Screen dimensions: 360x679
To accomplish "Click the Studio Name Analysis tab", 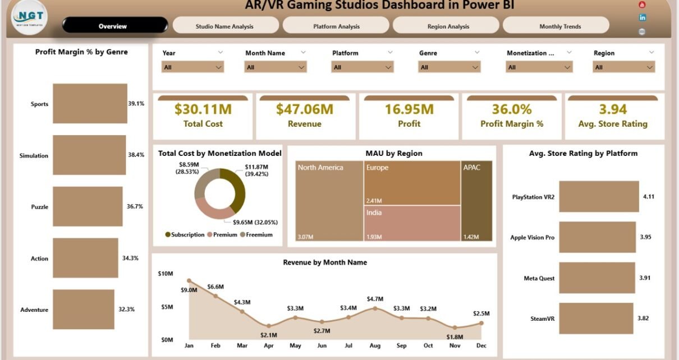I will coord(224,26).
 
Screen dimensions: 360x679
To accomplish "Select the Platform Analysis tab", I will coord(336,26).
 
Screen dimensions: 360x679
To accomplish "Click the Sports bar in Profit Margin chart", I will coord(89,104).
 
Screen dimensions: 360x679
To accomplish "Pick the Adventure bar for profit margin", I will coord(83,310).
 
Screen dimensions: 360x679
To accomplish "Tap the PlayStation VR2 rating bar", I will coord(599,197).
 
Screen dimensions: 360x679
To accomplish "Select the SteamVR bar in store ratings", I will coord(596,319).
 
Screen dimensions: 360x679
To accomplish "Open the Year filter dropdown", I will coord(192,67).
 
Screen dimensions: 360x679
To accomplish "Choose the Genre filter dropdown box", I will coord(449,67).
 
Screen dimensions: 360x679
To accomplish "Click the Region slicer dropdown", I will coord(623,67).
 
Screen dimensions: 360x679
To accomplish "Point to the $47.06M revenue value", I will coord(305,109).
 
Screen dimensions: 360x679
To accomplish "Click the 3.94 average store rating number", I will coord(612,109).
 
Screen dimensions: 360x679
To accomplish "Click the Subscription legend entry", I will coord(185,235).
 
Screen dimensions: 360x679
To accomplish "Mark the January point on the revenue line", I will coord(189,280).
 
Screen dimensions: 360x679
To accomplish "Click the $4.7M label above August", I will coord(375,298).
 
